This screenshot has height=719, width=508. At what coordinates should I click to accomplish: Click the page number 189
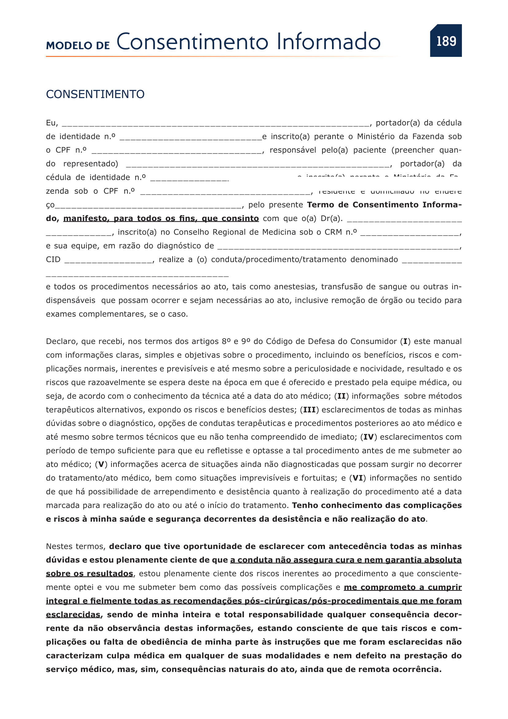click(x=446, y=41)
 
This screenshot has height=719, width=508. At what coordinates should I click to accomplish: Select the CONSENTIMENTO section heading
click(x=95, y=94)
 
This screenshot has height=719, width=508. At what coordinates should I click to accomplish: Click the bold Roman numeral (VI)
click(x=358, y=478)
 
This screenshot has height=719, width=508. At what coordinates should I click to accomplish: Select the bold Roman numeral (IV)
click(x=369, y=437)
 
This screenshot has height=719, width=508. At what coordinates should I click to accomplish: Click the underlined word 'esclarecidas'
click(x=73, y=615)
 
